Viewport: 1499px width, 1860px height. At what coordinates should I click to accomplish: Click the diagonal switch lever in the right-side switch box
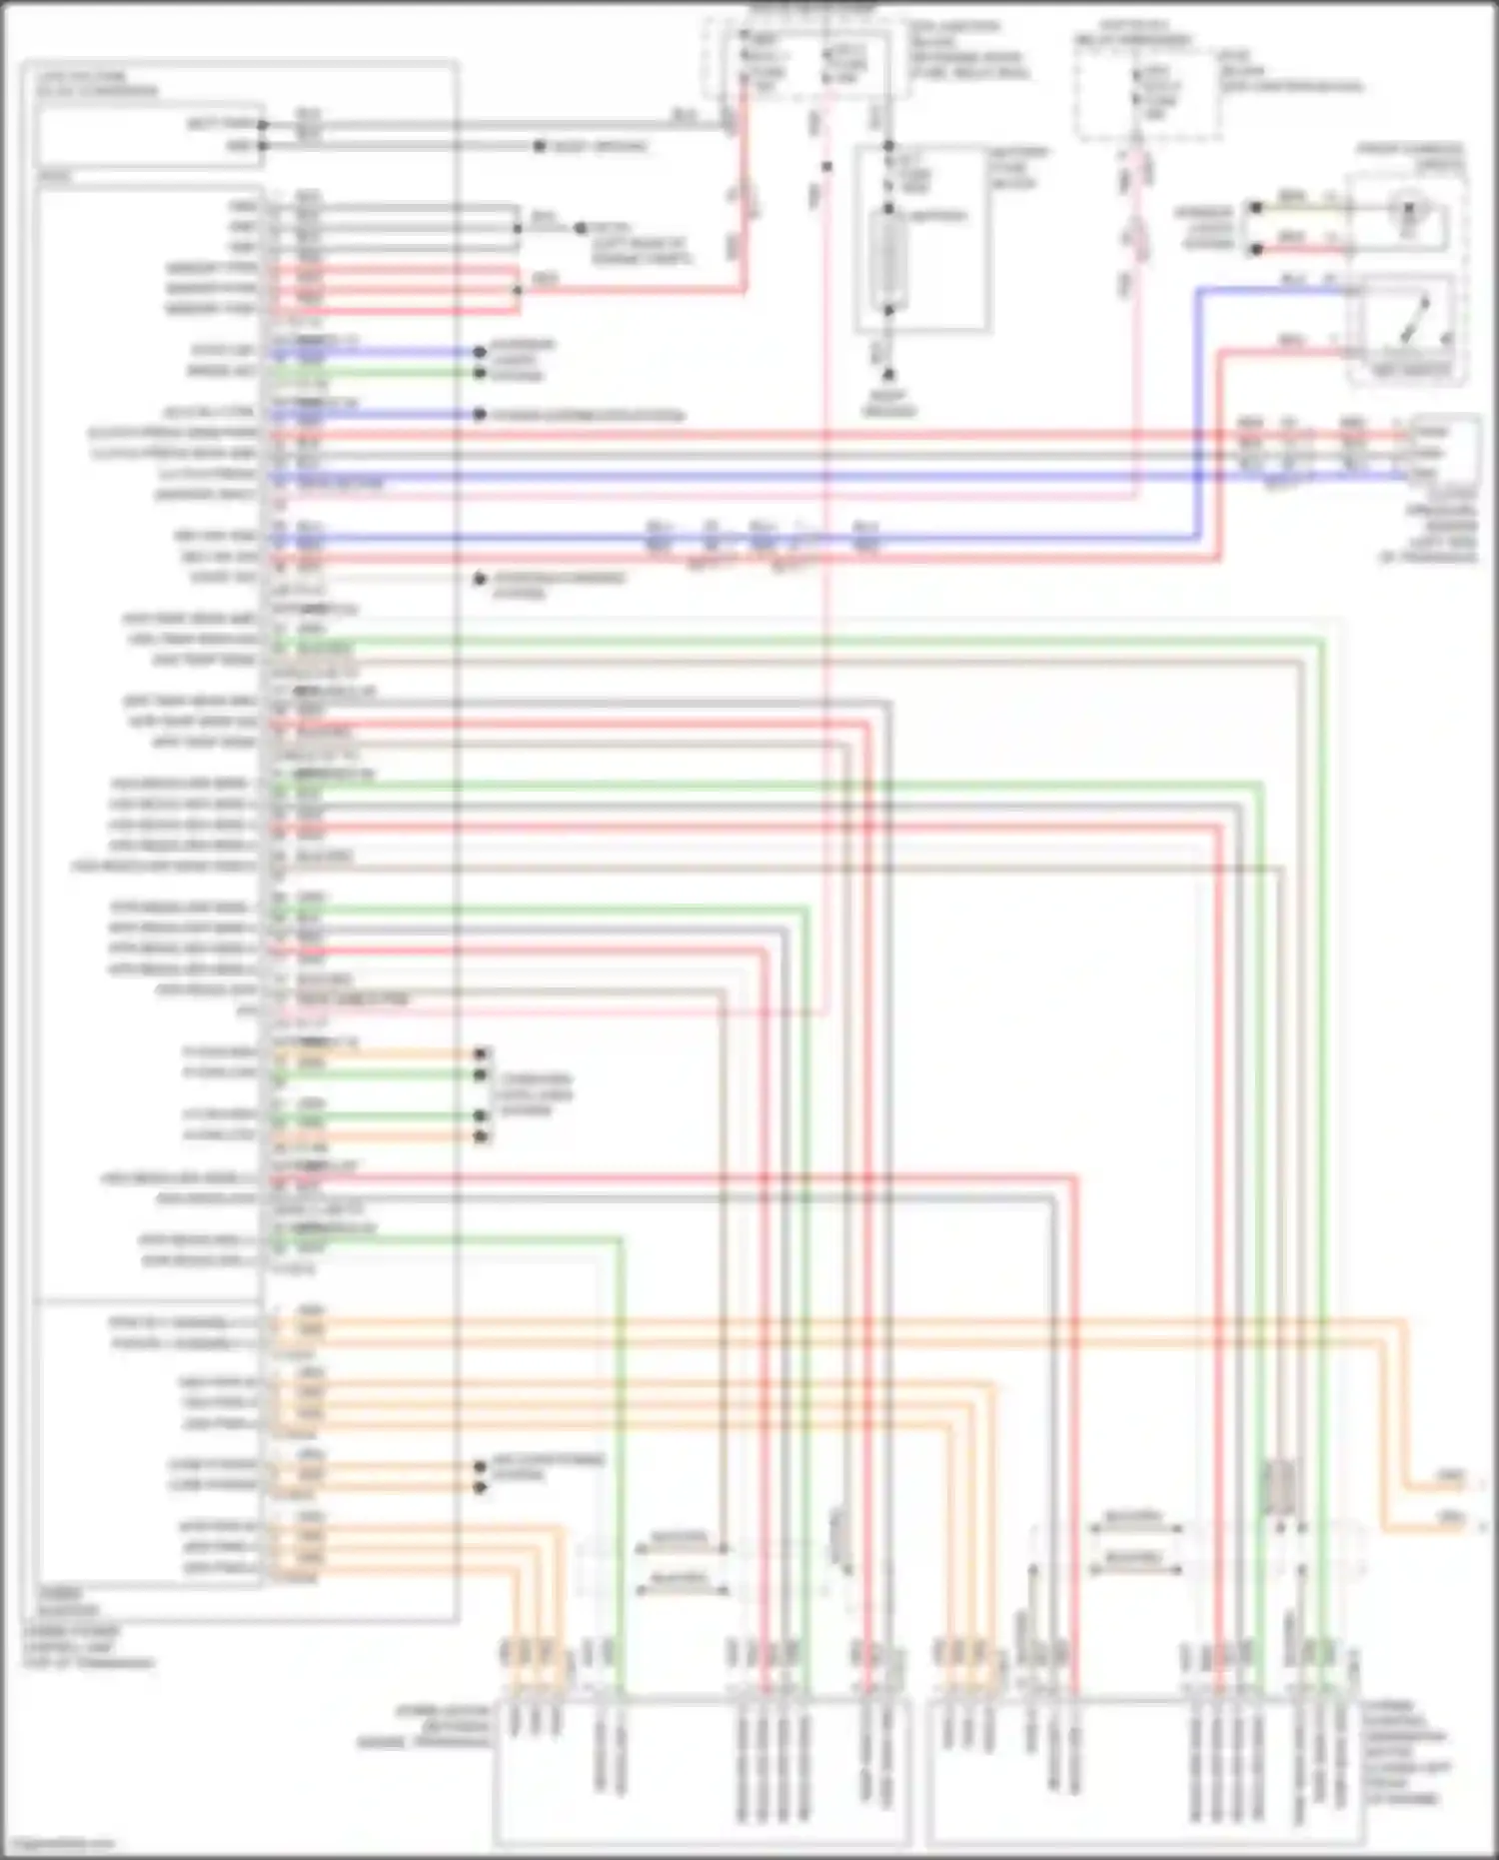pos(1418,318)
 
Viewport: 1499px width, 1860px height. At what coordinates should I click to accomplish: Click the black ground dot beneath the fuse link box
pos(888,375)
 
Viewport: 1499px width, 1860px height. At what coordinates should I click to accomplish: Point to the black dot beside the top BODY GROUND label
pos(539,147)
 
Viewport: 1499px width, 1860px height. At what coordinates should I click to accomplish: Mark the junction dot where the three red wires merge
pos(517,290)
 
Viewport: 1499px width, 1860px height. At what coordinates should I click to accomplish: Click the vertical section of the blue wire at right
pos(1200,410)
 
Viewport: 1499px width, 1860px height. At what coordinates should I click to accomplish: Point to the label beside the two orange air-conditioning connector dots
pos(547,1467)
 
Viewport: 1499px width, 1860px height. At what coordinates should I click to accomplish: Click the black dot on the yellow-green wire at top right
pos(1256,208)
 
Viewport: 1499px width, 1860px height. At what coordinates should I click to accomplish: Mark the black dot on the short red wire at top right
pos(1256,249)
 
